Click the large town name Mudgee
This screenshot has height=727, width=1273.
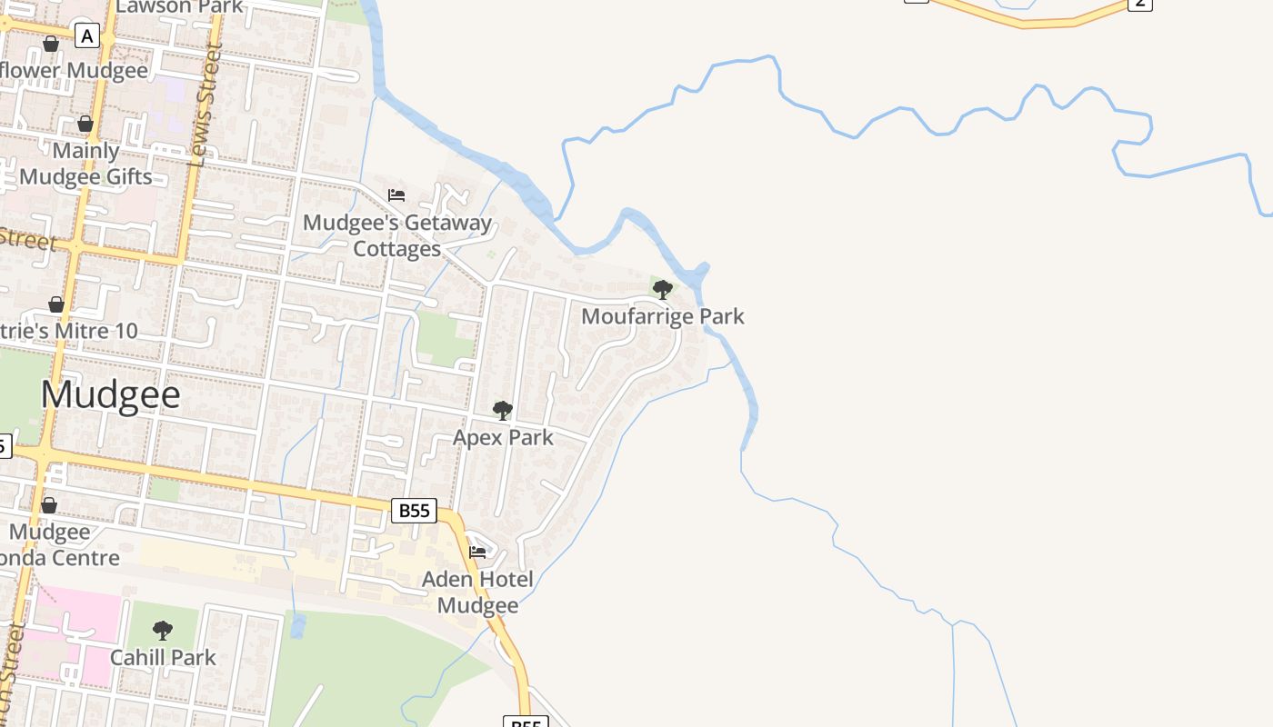point(110,395)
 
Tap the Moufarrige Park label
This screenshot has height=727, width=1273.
point(662,316)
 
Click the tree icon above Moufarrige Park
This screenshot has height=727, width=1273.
point(663,290)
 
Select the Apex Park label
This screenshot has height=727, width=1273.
point(503,437)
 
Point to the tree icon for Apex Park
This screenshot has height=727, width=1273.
point(502,411)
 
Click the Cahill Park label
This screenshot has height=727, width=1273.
point(163,657)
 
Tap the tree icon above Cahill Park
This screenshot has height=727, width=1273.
point(163,630)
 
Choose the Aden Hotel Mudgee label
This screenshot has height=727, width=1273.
point(477,592)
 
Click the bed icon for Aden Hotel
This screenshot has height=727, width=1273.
point(477,552)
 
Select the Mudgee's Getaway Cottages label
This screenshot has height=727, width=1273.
point(397,235)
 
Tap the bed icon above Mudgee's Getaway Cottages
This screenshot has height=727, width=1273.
point(396,194)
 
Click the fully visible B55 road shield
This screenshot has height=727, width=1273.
point(414,511)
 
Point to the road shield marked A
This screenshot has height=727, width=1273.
point(87,36)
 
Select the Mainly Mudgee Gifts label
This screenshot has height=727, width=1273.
point(85,164)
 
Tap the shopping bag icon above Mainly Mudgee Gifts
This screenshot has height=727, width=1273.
point(85,124)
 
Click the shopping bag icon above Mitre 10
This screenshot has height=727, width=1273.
point(56,304)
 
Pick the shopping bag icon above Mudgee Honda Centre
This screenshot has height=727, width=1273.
point(49,505)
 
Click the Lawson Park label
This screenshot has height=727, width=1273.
point(180,6)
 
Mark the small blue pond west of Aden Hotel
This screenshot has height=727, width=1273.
point(297,625)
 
